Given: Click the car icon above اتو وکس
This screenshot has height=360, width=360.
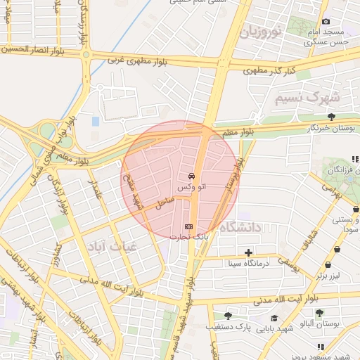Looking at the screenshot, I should click(191, 175).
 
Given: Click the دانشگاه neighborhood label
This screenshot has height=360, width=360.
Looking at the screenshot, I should click(240, 227).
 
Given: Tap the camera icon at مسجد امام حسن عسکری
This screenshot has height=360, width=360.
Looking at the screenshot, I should click(326, 22).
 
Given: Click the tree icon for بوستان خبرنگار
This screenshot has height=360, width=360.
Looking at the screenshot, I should click(331, 117).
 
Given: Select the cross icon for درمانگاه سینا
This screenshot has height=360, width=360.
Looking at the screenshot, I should click(247, 252).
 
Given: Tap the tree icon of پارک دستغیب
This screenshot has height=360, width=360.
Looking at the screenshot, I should click(227, 316).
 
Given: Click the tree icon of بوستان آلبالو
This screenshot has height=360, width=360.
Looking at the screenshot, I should click(319, 313).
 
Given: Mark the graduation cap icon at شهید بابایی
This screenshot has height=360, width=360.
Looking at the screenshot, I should click(274, 318).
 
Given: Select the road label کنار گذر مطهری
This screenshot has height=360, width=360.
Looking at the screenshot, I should click(266, 70).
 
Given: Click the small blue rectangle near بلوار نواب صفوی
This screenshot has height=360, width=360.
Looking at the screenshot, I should click(96, 122).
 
